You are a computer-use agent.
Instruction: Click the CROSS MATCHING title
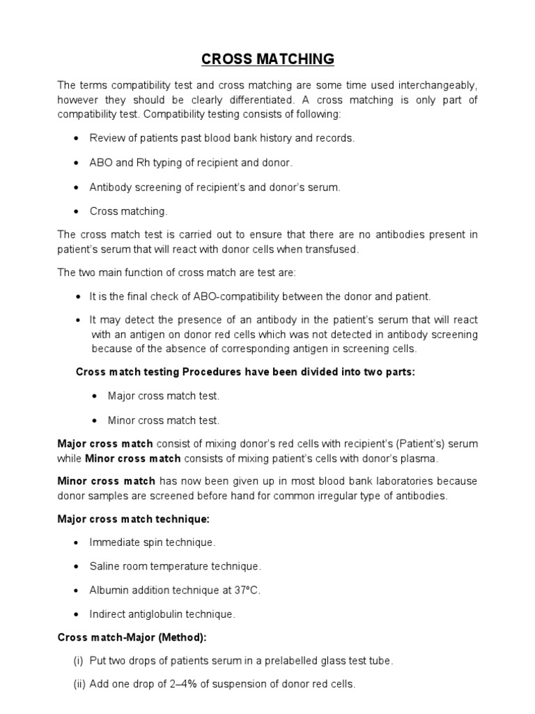tap(267, 59)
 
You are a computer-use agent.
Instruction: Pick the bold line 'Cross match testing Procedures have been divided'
tap(245, 372)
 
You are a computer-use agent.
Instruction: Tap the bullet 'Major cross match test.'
tap(164, 395)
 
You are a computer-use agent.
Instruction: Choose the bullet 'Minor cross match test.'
tap(164, 420)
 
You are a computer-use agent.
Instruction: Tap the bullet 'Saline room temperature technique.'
tap(175, 565)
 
